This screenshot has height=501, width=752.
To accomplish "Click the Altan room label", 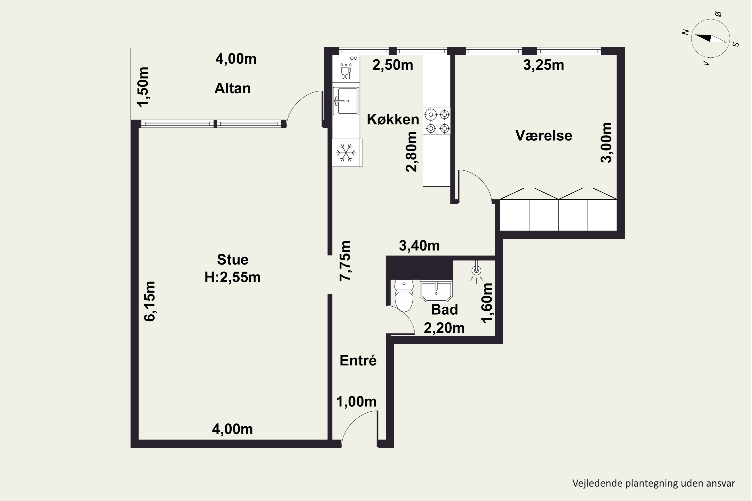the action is tap(232, 88).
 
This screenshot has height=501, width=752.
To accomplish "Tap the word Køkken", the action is tap(393, 119).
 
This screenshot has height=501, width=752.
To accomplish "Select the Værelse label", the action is tap(543, 136).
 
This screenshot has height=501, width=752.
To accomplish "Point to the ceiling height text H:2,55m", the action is tap(232, 277).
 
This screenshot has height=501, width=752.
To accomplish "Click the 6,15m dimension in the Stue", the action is tap(150, 301).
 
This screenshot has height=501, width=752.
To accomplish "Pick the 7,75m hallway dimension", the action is tap(345, 261).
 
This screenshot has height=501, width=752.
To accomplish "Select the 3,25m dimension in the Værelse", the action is tap(543, 65).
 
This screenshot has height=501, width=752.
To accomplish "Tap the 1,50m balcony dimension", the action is tap(143, 87).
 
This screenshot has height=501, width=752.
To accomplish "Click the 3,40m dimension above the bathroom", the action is tap(419, 246).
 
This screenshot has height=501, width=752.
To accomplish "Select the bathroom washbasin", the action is tap(436, 291).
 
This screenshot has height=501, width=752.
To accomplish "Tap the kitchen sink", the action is tap(346, 101).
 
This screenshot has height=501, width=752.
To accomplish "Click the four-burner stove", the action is tap(437, 121).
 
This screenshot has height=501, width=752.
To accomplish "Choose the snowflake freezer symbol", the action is tap(346, 153).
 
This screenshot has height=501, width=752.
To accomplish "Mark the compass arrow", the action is tap(710, 38).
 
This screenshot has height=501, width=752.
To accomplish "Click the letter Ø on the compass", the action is tap(718, 14).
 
